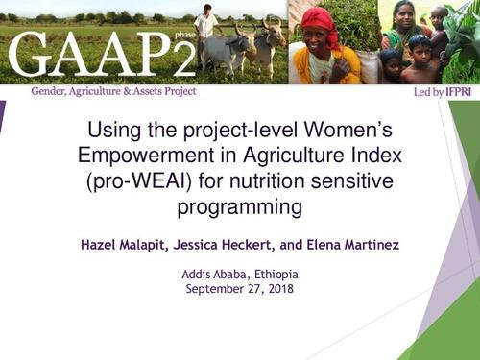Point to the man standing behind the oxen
tap(205, 29)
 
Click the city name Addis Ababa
tap(215, 274)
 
